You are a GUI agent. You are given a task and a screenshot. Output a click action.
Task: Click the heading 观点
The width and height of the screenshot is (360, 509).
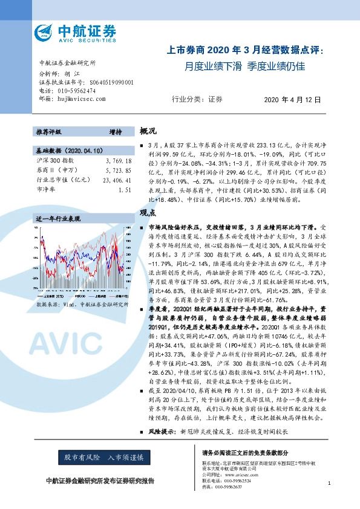pos(148,213)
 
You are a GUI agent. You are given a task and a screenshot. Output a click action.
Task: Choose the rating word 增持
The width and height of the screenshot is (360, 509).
pos(115,132)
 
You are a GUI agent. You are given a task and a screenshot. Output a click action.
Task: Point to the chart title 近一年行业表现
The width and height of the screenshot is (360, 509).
pos(58,218)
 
